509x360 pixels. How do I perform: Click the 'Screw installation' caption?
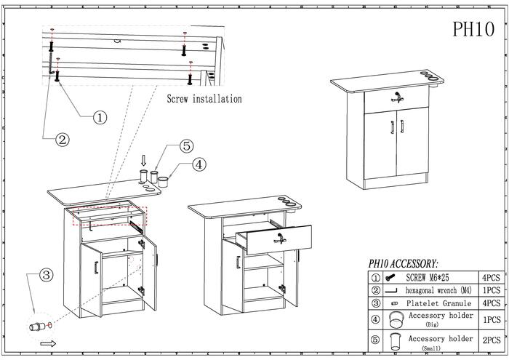point(204,98)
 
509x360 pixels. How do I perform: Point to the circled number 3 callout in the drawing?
point(45,275)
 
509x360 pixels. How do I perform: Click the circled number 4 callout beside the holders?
point(199,164)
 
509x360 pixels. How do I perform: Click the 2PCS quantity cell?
point(493,340)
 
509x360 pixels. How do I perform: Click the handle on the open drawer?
point(281,237)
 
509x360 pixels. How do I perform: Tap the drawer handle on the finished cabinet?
point(398,98)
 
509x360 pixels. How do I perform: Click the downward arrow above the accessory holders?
point(144,159)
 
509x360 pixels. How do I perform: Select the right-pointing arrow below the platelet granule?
point(48,343)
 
